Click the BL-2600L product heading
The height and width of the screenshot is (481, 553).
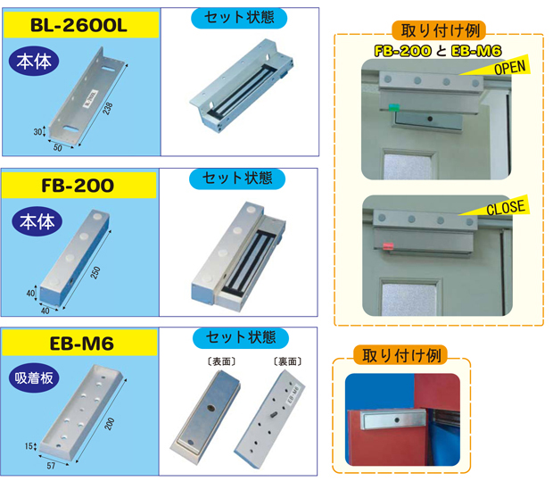pos(79,25)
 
